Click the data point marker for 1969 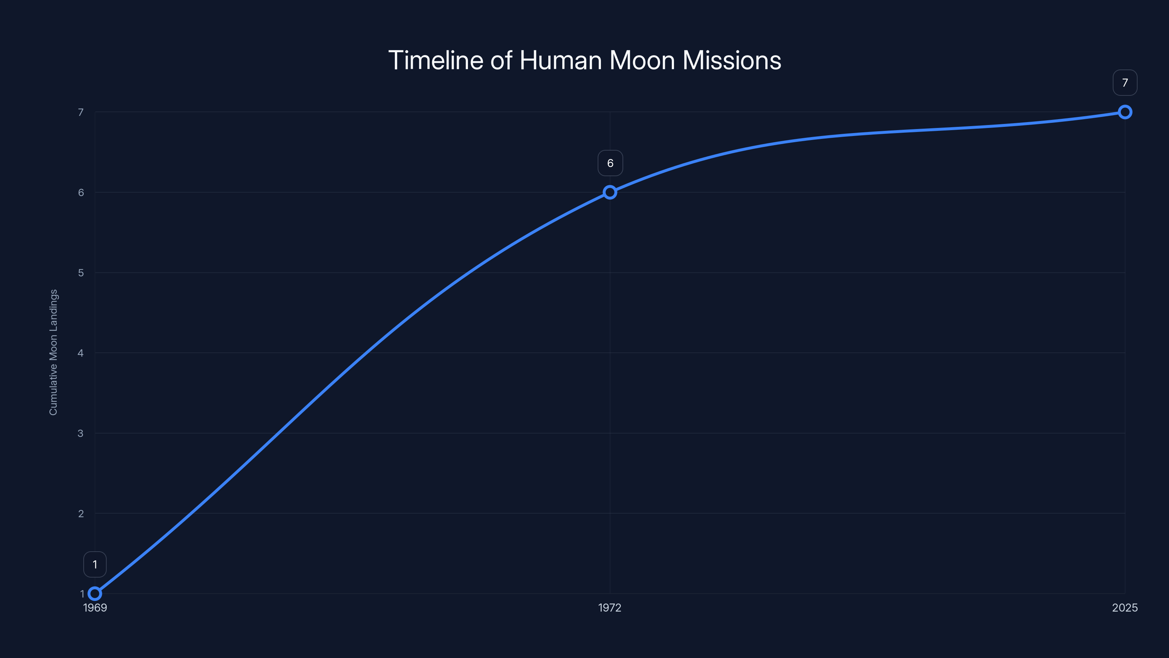pos(95,594)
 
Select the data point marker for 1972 pos(610,193)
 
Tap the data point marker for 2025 pos(1124,112)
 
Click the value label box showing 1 pos(95,564)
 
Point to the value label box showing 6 pos(610,163)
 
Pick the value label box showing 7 pos(1124,83)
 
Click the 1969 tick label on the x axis pos(95,608)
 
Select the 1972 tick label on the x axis pos(609,608)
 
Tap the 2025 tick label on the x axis pos(1124,608)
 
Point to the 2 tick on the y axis pos(81,514)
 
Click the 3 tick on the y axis pos(80,433)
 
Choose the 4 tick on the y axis pos(80,353)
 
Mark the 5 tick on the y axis pos(81,273)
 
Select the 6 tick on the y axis pos(81,193)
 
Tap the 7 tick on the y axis pos(81,112)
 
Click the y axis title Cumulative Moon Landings pos(54,352)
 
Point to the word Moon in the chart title pos(642,60)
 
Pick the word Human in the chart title pos(560,60)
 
